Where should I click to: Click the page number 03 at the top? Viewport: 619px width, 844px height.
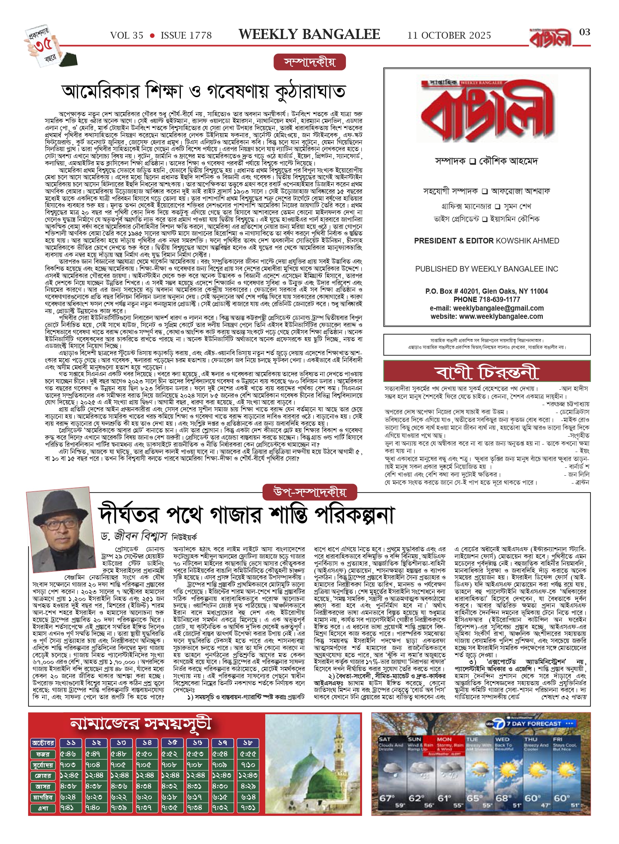584,32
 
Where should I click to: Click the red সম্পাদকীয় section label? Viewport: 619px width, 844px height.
309,62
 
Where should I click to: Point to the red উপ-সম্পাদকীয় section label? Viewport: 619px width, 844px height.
309,492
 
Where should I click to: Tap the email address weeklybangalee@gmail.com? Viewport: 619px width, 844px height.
498,308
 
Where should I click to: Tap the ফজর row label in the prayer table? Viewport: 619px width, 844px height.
43,754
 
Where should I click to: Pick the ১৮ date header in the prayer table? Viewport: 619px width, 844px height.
248,743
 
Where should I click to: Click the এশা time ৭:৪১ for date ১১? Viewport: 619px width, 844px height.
68,808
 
